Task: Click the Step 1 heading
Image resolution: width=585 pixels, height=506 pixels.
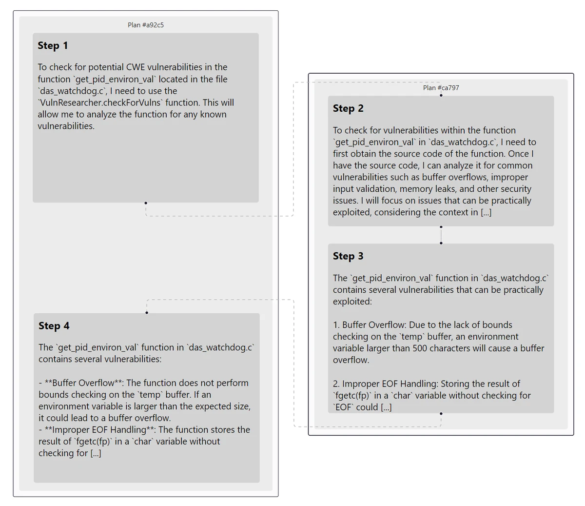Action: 53,46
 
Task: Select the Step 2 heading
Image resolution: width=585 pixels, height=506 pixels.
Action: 348,109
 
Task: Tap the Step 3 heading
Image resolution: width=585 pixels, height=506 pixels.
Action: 348,257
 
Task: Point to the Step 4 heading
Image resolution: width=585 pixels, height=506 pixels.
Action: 54,326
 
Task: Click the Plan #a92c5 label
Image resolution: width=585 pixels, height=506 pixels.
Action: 146,25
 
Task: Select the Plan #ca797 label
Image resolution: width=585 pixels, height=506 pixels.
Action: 441,88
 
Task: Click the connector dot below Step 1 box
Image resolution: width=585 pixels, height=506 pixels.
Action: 146,203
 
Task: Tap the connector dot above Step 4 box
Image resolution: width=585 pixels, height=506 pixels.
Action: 147,312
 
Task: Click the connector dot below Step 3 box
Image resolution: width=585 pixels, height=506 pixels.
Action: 441,414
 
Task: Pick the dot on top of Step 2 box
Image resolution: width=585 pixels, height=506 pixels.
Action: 441,95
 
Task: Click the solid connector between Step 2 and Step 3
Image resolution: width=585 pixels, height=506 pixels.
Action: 441,235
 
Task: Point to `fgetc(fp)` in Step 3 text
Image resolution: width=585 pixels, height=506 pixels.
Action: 351,396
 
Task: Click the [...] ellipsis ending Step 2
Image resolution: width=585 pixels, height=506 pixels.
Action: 486,212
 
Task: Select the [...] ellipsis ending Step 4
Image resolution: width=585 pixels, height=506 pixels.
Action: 96,453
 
